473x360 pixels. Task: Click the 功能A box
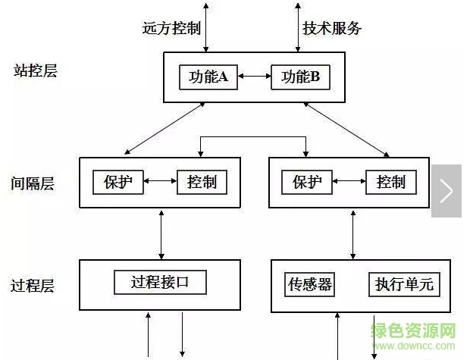click(x=208, y=77)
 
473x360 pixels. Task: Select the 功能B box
click(x=301, y=77)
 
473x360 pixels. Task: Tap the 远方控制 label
click(x=171, y=29)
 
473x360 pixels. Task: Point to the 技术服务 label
click(x=332, y=29)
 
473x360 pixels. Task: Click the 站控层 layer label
click(x=35, y=71)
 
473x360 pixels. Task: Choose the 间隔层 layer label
click(x=33, y=183)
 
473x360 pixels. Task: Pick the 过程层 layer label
click(x=33, y=286)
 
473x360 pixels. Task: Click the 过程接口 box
click(x=160, y=283)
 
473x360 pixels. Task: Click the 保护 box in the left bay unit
click(x=118, y=182)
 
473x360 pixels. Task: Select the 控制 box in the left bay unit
click(x=202, y=182)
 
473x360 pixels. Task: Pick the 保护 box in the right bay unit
click(x=307, y=182)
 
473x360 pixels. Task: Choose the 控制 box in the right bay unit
click(x=390, y=182)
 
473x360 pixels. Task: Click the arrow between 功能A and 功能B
click(x=255, y=77)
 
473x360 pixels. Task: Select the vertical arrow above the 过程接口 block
click(x=161, y=233)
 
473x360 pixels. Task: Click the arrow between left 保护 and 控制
click(x=160, y=182)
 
